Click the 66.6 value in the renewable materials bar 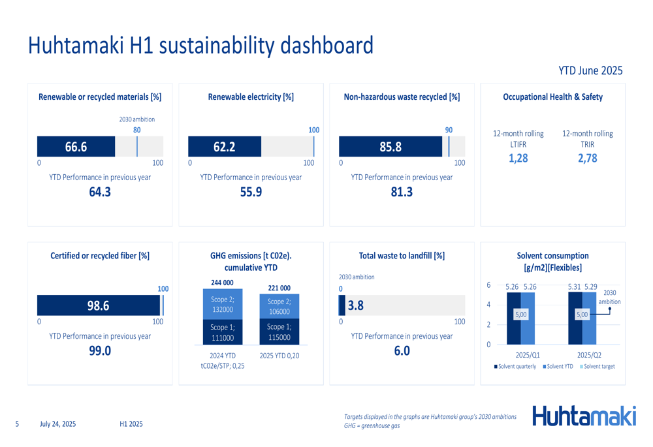(76, 147)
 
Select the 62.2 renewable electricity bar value (224, 147)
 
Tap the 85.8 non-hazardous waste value (390, 147)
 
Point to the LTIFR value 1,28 (518, 157)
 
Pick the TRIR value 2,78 (587, 157)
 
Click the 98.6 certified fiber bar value (98, 305)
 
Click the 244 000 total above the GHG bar (222, 283)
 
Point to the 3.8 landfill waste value (356, 305)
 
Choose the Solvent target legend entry (599, 367)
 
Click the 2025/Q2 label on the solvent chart (589, 355)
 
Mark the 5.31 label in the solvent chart (574, 286)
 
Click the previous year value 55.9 (251, 192)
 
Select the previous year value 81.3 (402, 192)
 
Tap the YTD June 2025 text (590, 70)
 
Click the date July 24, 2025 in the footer (57, 424)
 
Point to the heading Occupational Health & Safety (552, 97)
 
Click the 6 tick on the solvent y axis (488, 285)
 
